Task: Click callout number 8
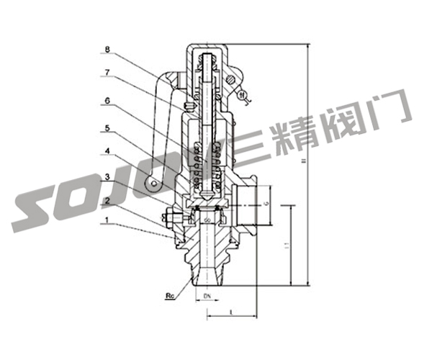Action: click(x=106, y=50)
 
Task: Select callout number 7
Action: click(x=106, y=73)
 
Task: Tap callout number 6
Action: click(x=106, y=103)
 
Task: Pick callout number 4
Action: click(x=106, y=153)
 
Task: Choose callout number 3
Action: click(x=106, y=176)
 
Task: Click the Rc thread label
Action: click(x=171, y=295)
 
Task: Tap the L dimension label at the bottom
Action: click(x=230, y=311)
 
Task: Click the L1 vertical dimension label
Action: click(x=287, y=247)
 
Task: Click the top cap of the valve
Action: click(x=208, y=49)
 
